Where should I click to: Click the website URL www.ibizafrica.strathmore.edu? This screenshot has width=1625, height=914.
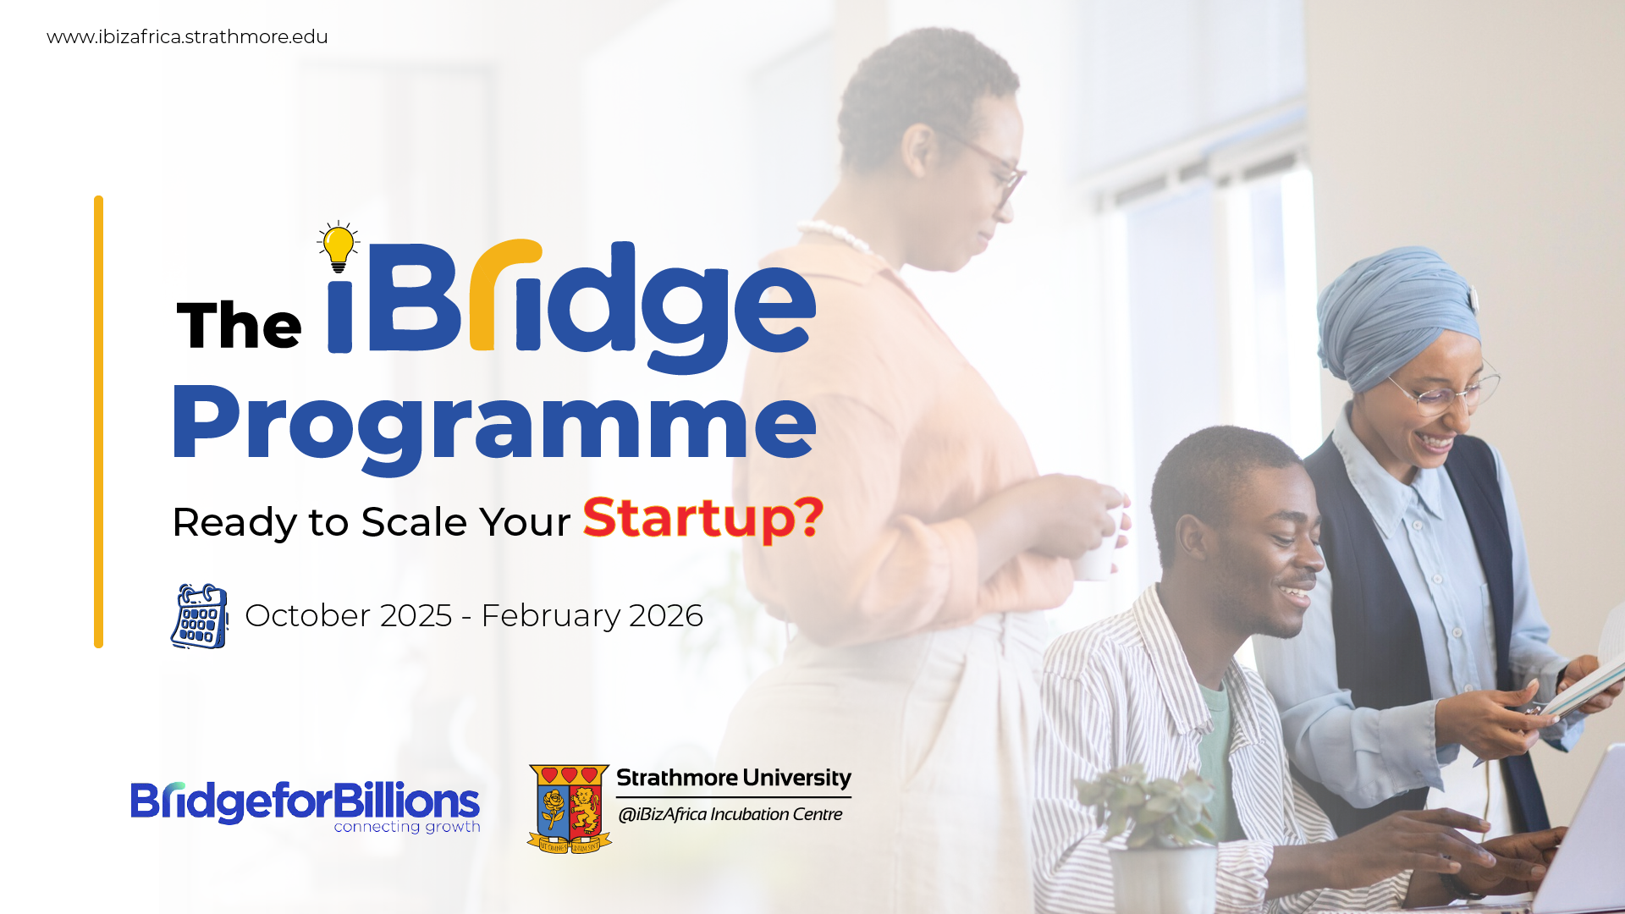pyautogui.click(x=187, y=37)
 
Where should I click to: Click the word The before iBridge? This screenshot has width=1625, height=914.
pyautogui.click(x=239, y=325)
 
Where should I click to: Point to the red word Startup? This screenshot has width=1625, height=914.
pyautogui.click(x=703, y=518)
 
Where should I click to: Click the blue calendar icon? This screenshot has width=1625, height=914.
pyautogui.click(x=200, y=616)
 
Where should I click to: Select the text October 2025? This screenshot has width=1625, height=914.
pyautogui.click(x=349, y=615)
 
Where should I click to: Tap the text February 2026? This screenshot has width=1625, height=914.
pyautogui.click(x=592, y=615)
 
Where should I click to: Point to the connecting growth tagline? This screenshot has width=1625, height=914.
pyautogui.click(x=407, y=827)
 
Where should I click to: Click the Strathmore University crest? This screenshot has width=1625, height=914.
pyautogui.click(x=570, y=809)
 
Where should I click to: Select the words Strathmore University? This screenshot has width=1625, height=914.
pyautogui.click(x=734, y=778)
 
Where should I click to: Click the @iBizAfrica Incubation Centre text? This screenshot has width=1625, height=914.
pyautogui.click(x=730, y=814)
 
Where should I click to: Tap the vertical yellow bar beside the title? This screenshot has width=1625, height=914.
pyautogui.click(x=99, y=422)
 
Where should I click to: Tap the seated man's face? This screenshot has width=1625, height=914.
pyautogui.click(x=1270, y=550)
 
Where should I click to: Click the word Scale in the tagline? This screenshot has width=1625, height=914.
pyautogui.click(x=415, y=522)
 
